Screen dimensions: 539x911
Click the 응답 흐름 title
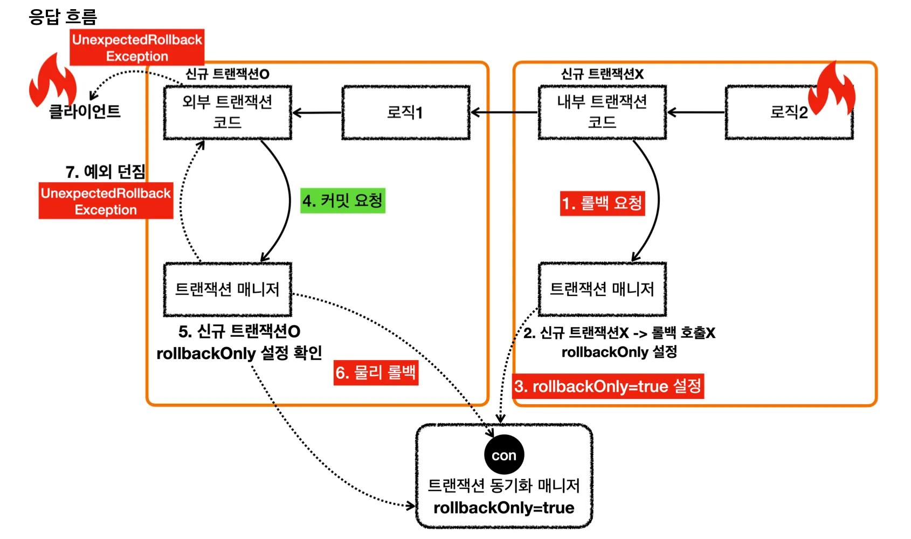coord(63,17)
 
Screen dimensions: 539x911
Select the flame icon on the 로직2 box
coord(834,89)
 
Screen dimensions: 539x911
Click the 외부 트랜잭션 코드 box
coord(227,112)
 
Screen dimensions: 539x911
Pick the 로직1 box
coord(405,112)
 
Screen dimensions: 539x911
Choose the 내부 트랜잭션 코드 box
coord(602,112)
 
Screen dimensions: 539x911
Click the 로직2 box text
coord(788,112)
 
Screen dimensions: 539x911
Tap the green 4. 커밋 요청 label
coord(343,201)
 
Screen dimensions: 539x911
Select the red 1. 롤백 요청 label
coord(602,203)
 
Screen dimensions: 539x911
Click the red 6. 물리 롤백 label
coord(376,372)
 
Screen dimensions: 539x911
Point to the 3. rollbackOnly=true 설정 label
coord(608,386)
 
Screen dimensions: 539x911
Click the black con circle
coord(504,455)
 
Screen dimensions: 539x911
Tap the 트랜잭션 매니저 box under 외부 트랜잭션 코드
coord(227,289)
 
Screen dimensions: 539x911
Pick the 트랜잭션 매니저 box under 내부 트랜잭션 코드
coord(602,289)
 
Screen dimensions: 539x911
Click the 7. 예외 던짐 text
coord(106,172)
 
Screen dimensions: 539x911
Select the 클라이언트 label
coord(85,112)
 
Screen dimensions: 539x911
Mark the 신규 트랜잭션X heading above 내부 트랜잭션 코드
coord(602,74)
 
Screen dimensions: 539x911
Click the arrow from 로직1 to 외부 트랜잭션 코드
coord(317,113)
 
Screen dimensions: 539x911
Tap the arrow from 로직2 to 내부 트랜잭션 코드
coord(696,112)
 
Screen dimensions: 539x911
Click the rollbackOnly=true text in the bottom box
coord(504,508)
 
